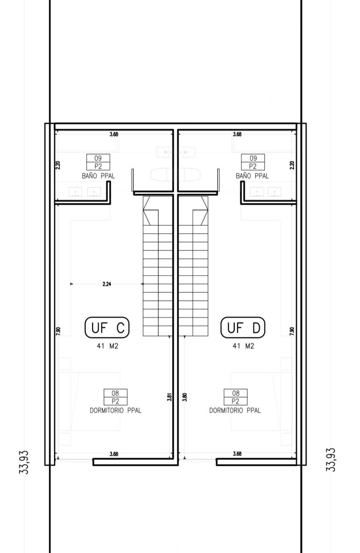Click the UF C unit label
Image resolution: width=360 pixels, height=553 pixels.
click(x=107, y=327)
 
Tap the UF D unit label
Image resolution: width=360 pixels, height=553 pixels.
click(x=243, y=327)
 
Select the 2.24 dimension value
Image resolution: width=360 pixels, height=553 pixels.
click(x=107, y=284)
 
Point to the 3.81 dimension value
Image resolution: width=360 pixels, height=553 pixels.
click(x=169, y=396)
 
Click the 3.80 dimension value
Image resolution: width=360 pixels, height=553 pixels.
click(x=185, y=397)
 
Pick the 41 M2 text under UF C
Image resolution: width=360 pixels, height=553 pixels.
click(x=107, y=346)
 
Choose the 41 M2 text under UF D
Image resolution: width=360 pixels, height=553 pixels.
click(x=243, y=346)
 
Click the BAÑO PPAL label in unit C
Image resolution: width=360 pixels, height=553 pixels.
click(x=98, y=176)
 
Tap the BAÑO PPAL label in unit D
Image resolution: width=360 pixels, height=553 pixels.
click(x=252, y=176)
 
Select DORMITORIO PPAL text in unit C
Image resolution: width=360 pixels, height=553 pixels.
click(x=116, y=410)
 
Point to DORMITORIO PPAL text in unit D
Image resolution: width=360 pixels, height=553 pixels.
click(x=235, y=410)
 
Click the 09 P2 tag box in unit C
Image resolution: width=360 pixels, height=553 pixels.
click(x=98, y=162)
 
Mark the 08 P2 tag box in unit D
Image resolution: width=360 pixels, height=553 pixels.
click(x=236, y=397)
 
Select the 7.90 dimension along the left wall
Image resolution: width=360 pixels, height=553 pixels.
click(x=58, y=331)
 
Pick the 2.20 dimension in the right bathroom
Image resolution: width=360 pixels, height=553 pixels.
click(x=292, y=165)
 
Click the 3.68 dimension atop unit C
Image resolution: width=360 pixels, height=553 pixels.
click(x=114, y=134)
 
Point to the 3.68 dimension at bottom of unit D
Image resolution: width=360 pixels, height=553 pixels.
click(x=237, y=453)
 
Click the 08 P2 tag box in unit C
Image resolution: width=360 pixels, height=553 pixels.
click(x=116, y=397)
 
